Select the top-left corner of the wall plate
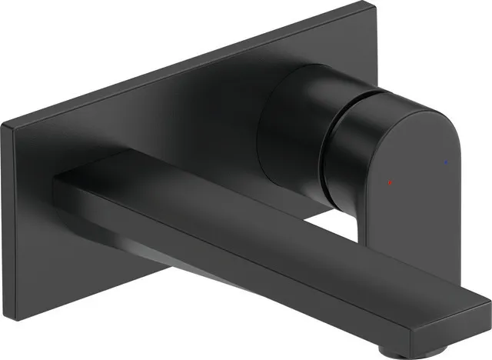click(6, 126)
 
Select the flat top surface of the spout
click(269, 223)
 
